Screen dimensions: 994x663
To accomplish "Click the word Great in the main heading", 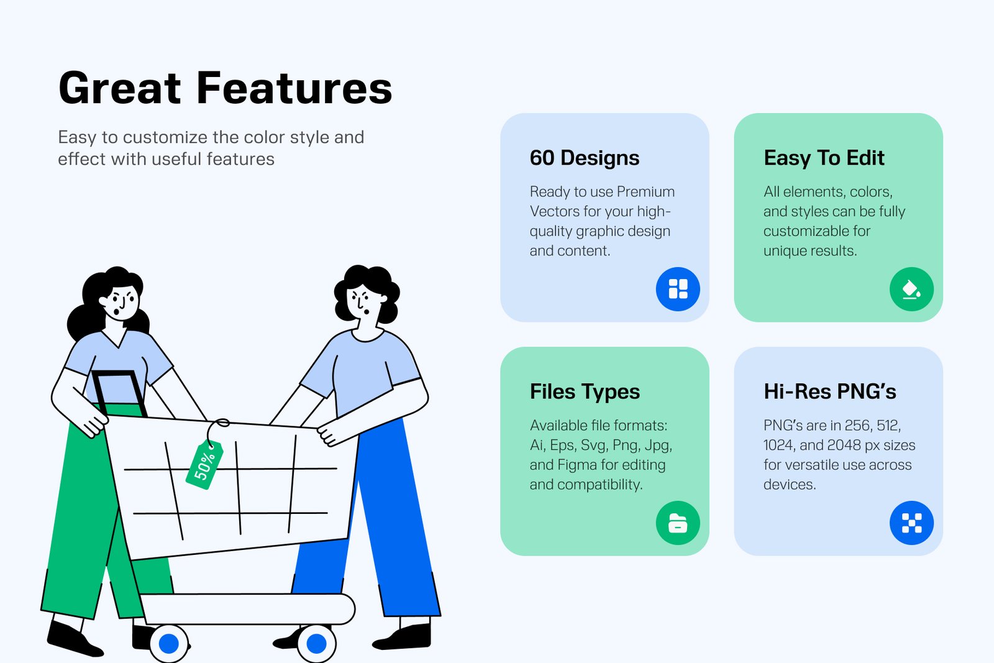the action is click(120, 88).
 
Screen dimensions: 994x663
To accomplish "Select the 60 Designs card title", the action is click(585, 158).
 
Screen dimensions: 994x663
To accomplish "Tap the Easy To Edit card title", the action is click(824, 158).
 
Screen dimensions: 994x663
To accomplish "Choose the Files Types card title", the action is click(585, 392).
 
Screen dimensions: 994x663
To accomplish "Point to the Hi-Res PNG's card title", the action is click(830, 391).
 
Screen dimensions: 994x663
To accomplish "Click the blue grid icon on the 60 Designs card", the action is click(678, 289).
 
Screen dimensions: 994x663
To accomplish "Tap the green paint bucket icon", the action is click(912, 289).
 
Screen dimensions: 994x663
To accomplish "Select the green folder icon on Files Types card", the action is click(678, 523).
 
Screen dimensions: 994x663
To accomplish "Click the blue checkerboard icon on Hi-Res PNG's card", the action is click(912, 523).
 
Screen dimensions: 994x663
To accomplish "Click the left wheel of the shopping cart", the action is click(168, 643).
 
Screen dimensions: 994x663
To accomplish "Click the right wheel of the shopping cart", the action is click(316, 643).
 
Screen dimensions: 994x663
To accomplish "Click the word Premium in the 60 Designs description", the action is click(645, 192).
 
